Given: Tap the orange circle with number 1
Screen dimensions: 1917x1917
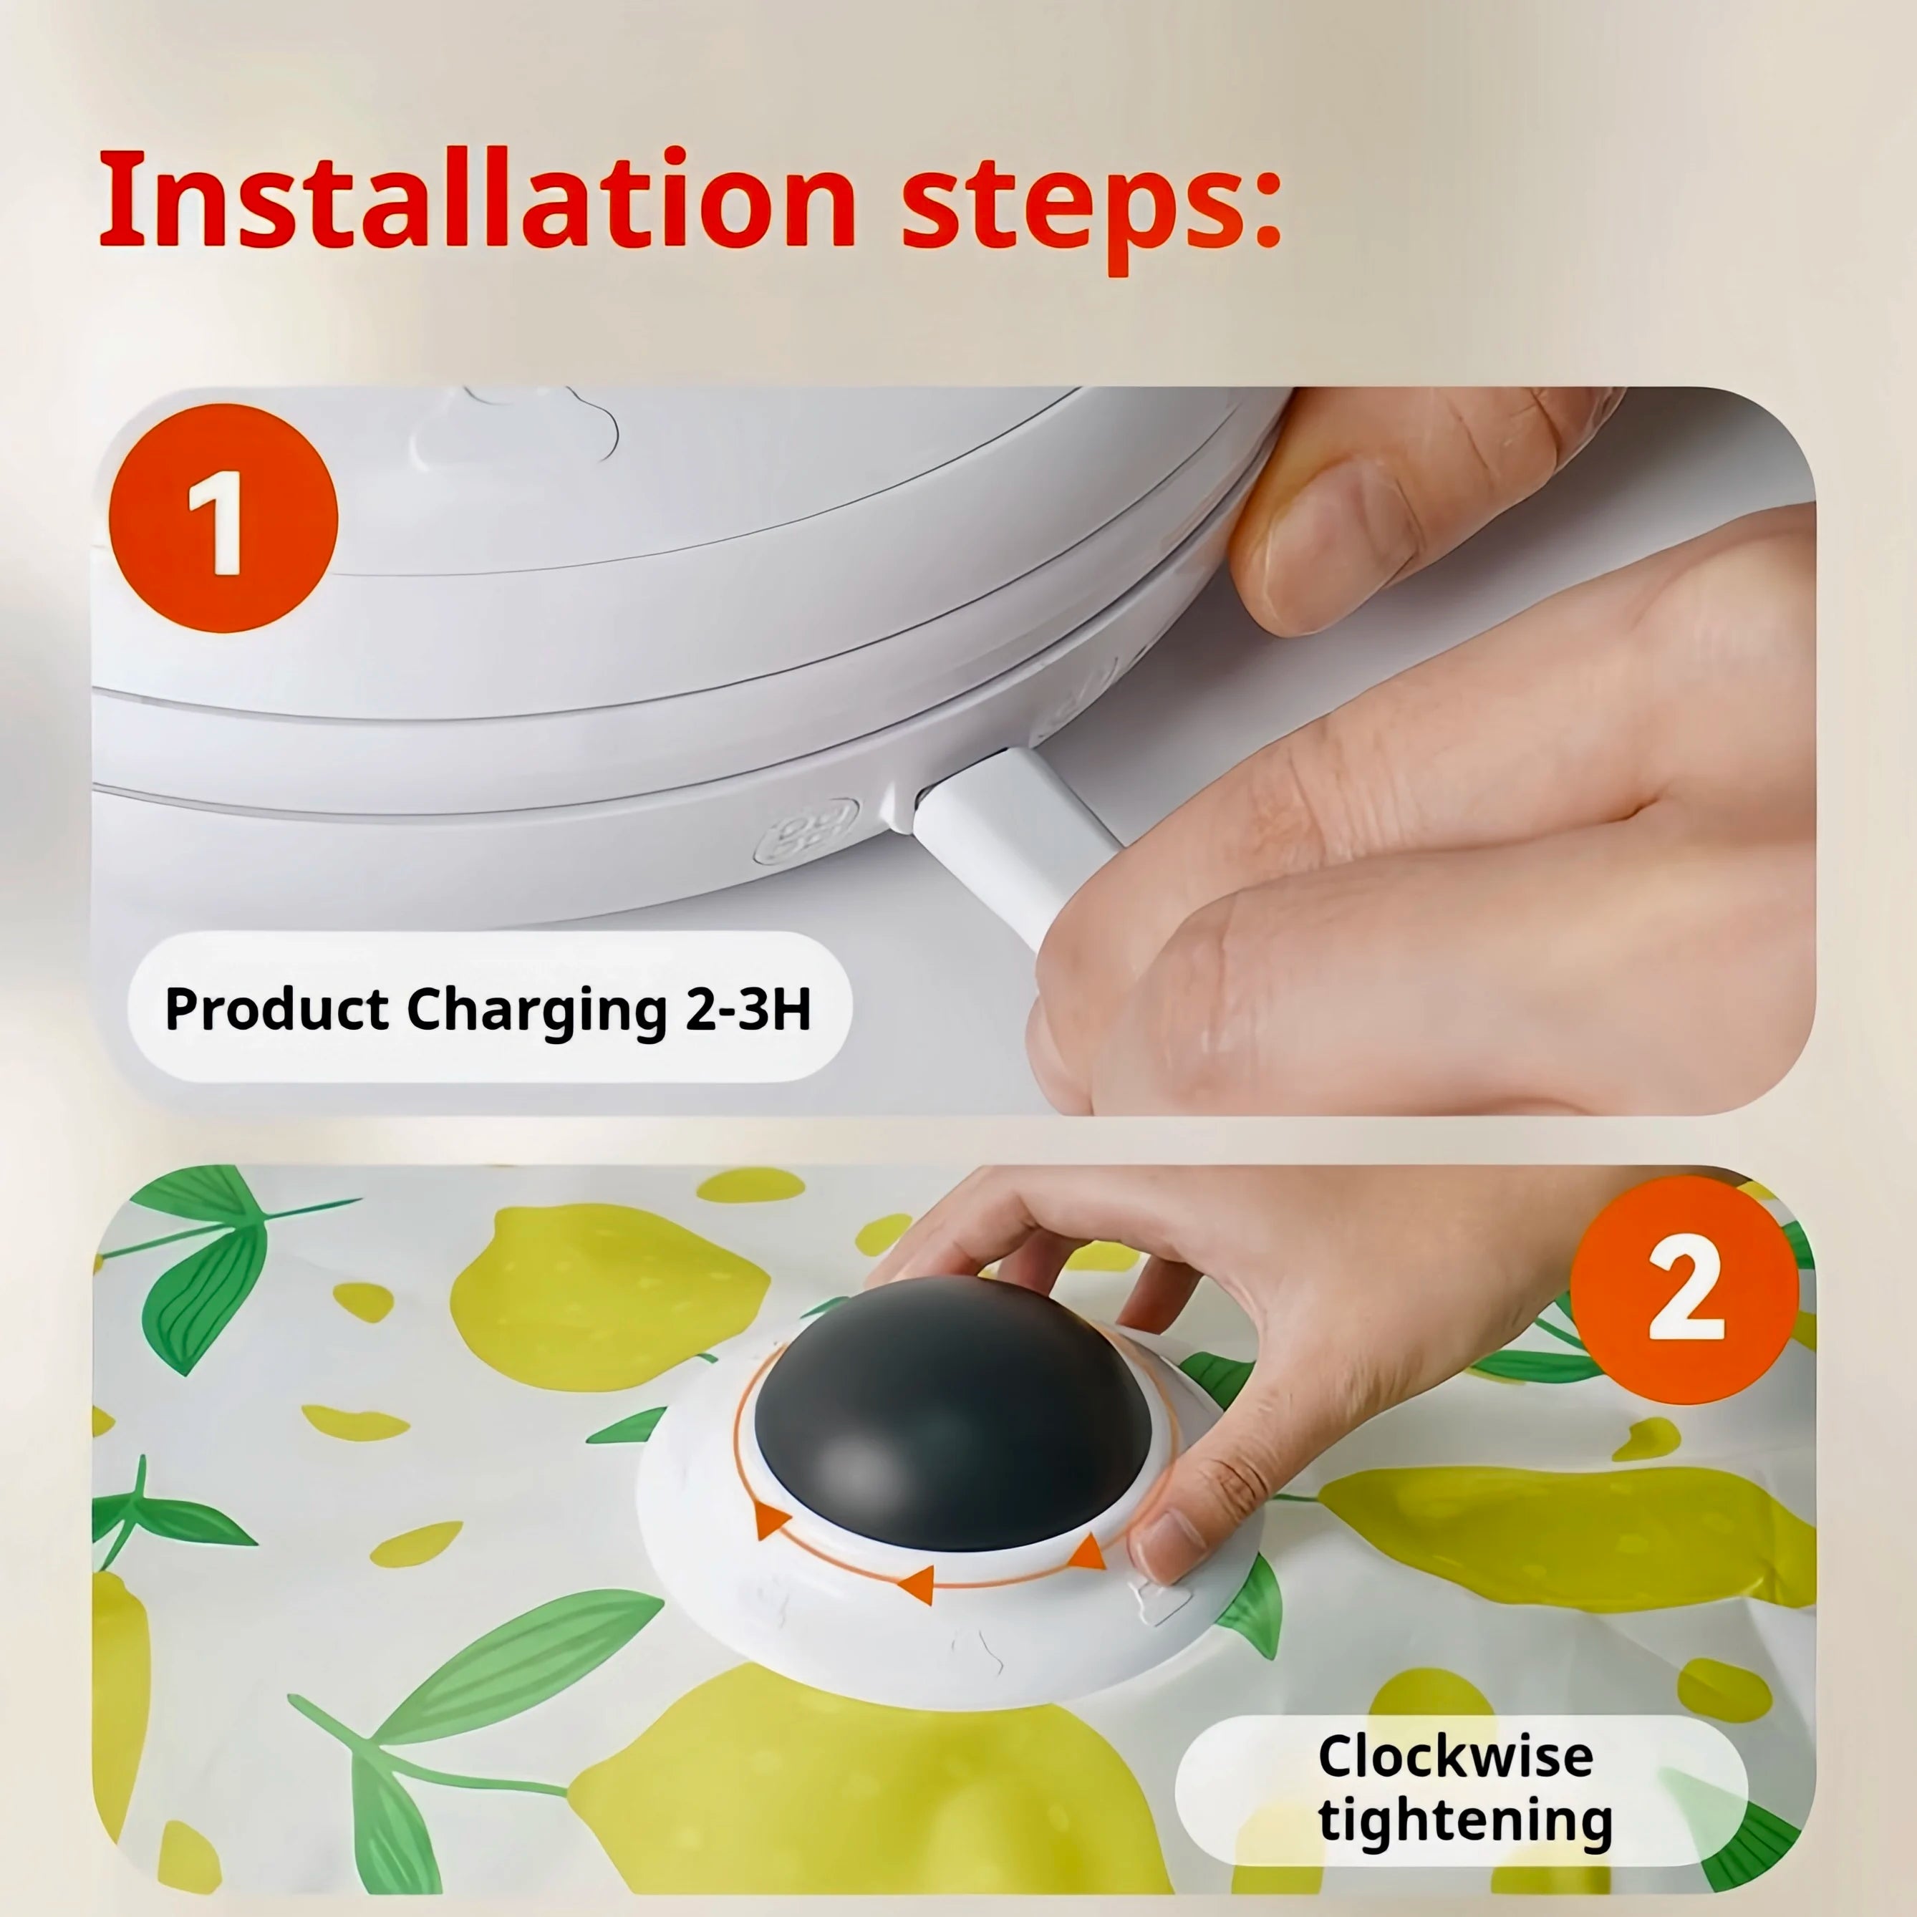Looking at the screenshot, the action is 223,518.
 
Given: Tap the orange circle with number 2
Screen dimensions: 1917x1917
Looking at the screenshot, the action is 1684,1290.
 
